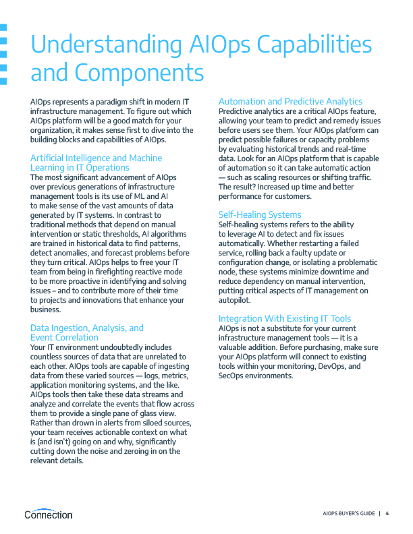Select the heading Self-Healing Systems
tap(260, 214)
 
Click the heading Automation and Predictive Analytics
tap(290, 101)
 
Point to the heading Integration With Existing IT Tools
tap(285, 318)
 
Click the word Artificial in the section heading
tap(51, 158)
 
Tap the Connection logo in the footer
tap(48, 514)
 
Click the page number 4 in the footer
tap(387, 514)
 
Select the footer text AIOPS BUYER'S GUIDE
tap(348, 514)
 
